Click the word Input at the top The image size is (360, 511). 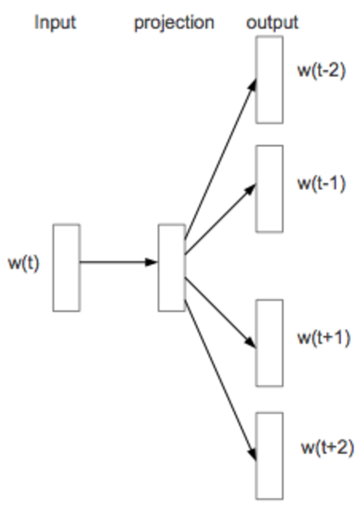point(55,22)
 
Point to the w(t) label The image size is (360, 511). point(24,263)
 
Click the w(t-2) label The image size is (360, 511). point(322,71)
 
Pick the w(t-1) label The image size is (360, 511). point(322,183)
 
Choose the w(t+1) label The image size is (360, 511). point(324,337)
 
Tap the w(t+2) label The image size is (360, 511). point(327,447)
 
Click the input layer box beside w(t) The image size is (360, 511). point(66,268)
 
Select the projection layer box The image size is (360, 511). point(172,268)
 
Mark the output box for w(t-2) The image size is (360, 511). point(269,80)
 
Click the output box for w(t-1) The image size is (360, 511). point(269,189)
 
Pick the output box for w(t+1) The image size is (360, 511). point(269,343)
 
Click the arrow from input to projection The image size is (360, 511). point(116,262)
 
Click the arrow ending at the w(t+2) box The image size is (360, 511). point(220,380)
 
